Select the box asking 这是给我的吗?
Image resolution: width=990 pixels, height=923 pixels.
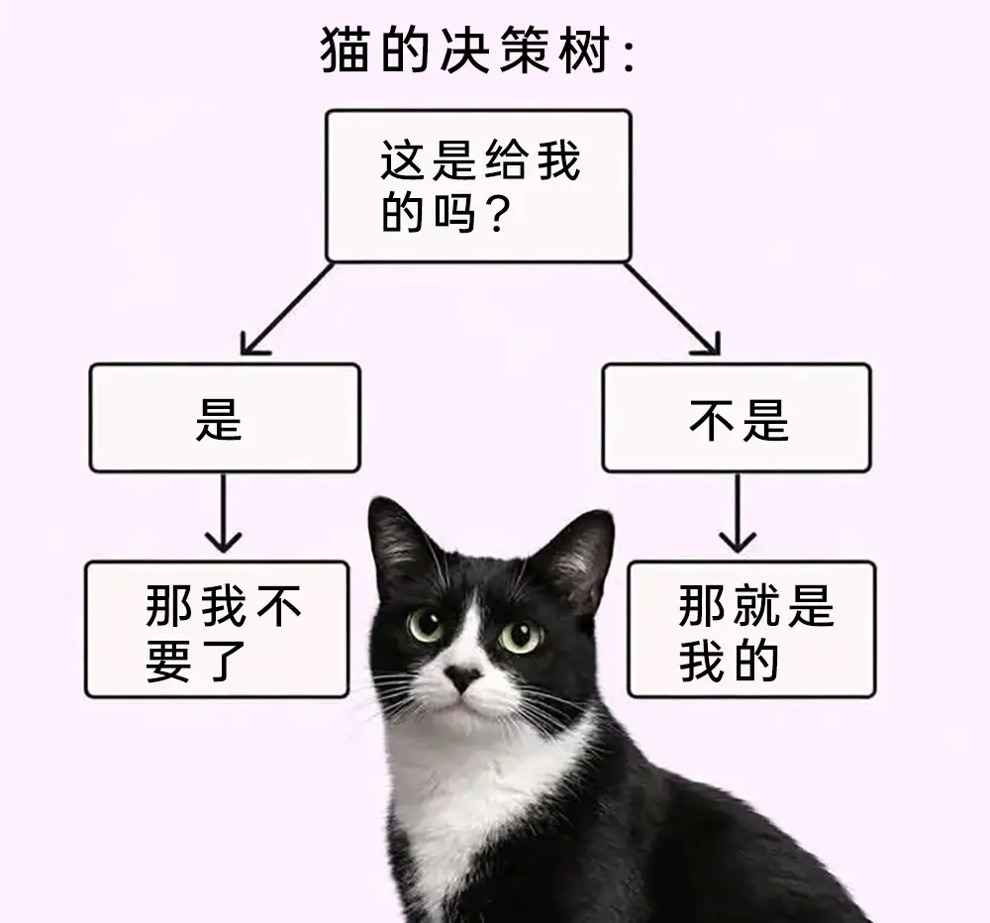(x=478, y=186)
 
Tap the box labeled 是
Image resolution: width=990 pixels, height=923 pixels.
(x=225, y=418)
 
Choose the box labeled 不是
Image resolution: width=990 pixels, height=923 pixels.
(x=737, y=418)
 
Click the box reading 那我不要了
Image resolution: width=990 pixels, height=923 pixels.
(x=217, y=629)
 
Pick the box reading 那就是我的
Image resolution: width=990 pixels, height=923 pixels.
(x=751, y=629)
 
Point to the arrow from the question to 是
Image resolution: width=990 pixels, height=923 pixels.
(x=287, y=310)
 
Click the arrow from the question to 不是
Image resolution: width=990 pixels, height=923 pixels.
(x=672, y=310)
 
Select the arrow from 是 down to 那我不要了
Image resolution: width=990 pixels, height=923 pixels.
(x=224, y=513)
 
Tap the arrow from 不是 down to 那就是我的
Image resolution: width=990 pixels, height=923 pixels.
(x=738, y=513)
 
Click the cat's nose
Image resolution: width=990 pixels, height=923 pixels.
(x=462, y=677)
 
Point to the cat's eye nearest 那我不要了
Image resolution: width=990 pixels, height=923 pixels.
(x=425, y=625)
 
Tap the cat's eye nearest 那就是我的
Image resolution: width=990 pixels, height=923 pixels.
(x=522, y=636)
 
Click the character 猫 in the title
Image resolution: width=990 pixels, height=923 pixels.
(x=345, y=50)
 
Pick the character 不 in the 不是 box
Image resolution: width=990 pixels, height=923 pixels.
(x=711, y=420)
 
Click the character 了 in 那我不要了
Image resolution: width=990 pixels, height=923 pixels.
(x=226, y=662)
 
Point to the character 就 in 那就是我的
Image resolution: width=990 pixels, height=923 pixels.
(x=756, y=605)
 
